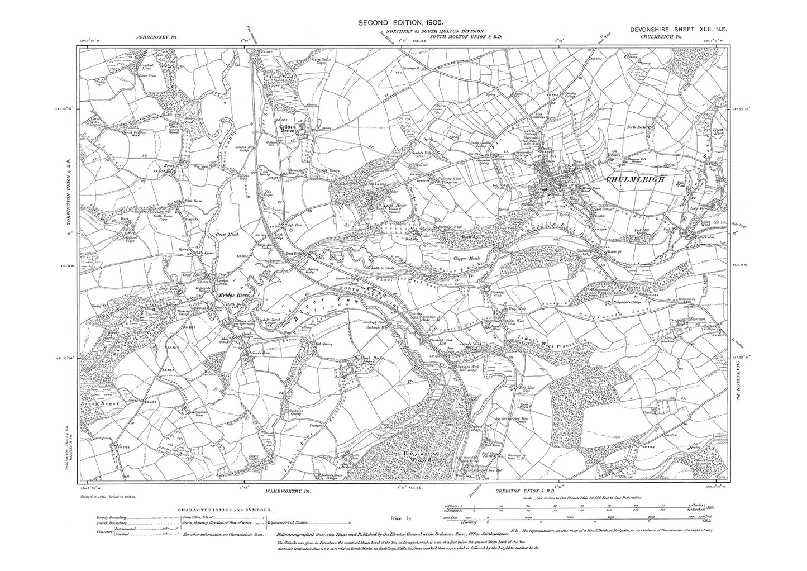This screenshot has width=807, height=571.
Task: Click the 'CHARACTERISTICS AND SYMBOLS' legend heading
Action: click(x=225, y=510)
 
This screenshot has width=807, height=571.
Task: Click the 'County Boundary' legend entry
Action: click(x=104, y=519)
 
